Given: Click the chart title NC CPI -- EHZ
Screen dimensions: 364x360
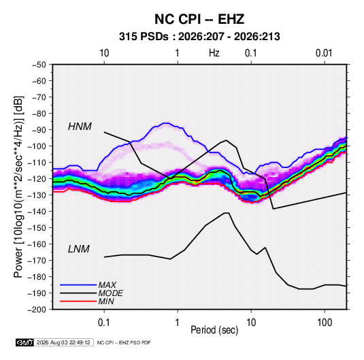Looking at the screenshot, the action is [199, 19].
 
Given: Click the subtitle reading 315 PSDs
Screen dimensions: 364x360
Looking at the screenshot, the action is [144, 37].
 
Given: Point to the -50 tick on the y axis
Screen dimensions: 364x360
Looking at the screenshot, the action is [39, 65].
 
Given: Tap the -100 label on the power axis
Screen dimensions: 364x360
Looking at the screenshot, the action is [37, 146].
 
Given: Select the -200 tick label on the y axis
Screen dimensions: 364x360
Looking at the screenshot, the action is [37, 310].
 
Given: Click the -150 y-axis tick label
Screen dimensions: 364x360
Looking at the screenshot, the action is [37, 228].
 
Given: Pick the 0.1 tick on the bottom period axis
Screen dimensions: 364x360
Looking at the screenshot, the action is [104, 323].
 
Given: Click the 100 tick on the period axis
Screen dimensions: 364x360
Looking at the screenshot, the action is [325, 323].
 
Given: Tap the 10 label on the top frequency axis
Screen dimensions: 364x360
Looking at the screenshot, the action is [104, 53].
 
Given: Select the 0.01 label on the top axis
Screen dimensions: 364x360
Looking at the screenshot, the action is [324, 53].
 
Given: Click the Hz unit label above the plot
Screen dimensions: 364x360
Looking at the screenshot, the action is [214, 53].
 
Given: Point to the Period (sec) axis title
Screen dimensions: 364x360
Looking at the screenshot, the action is [214, 330].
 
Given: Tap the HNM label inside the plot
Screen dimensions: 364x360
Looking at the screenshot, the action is [80, 127].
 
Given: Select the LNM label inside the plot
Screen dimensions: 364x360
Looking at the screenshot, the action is [79, 249].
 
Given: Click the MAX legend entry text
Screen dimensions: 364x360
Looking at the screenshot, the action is [107, 285].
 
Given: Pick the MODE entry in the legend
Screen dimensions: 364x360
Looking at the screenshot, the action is [110, 293].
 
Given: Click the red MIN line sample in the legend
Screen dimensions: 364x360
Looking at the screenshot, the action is [78, 301].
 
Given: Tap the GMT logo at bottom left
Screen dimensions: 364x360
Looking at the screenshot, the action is [24, 342].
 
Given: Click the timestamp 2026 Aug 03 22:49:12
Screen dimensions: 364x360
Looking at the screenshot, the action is [63, 342].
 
